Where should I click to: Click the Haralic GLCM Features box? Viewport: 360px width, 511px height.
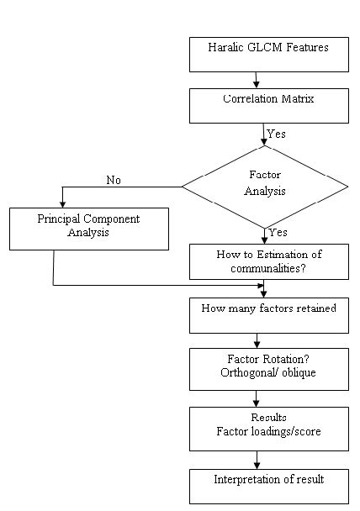click(x=269, y=55)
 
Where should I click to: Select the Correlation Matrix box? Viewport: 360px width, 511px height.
click(x=269, y=106)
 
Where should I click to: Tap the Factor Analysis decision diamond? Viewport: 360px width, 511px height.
click(x=265, y=187)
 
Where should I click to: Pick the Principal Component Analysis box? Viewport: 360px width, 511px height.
click(x=89, y=229)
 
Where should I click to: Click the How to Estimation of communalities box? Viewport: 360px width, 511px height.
click(x=269, y=261)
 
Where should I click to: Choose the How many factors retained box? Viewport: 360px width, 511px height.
click(x=269, y=315)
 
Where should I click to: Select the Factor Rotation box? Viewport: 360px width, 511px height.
click(x=269, y=369)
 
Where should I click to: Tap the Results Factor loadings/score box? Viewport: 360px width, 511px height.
click(x=269, y=429)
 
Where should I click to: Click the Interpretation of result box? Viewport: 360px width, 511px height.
click(x=269, y=487)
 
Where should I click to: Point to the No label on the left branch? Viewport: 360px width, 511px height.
click(x=114, y=180)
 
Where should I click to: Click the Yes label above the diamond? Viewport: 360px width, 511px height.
click(x=276, y=134)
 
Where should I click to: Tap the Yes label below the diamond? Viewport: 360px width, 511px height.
click(x=278, y=232)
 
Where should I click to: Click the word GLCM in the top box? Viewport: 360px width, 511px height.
click(x=265, y=47)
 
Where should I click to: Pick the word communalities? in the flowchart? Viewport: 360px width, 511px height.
click(x=268, y=268)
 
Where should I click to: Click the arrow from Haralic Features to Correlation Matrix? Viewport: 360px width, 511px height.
click(x=257, y=80)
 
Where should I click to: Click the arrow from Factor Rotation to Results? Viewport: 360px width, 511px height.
click(x=257, y=399)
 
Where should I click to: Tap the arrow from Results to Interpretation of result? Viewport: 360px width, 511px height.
click(x=257, y=461)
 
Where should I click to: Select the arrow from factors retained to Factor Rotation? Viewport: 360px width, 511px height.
click(x=257, y=341)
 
